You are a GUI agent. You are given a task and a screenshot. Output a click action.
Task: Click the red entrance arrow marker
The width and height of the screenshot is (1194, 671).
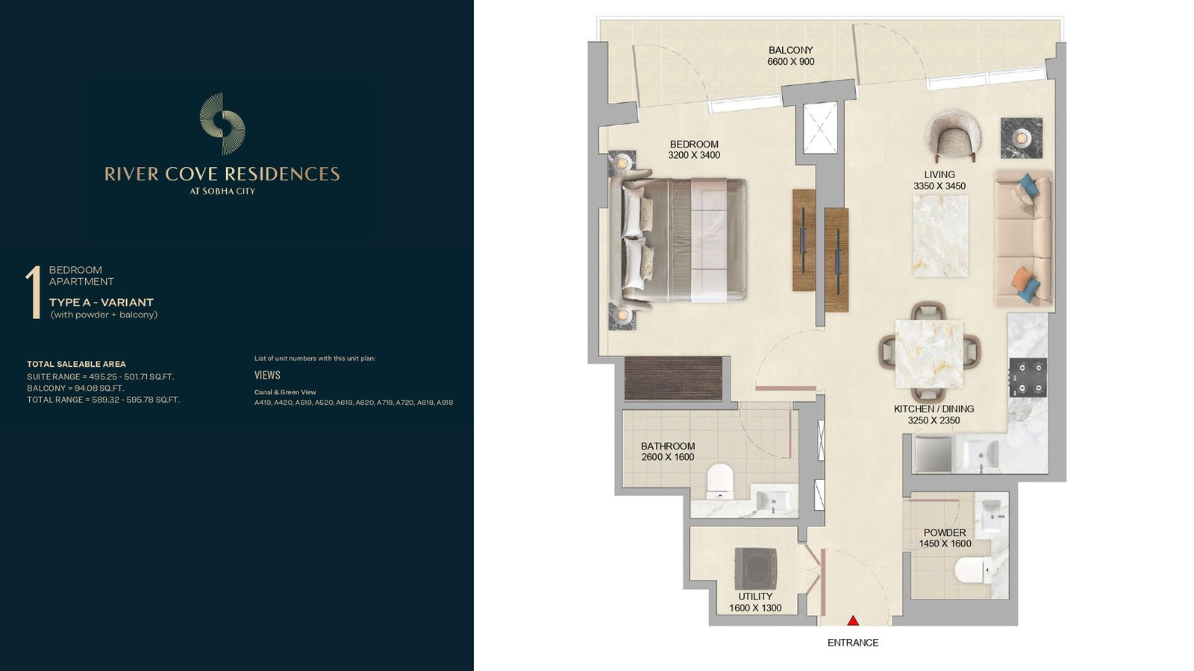(x=853, y=620)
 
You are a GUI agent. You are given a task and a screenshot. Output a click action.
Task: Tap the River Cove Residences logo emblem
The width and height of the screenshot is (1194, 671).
(x=222, y=124)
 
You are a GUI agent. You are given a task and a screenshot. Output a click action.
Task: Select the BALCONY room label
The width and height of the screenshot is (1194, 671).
(x=790, y=50)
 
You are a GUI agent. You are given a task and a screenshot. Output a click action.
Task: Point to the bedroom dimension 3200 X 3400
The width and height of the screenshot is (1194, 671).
(x=694, y=156)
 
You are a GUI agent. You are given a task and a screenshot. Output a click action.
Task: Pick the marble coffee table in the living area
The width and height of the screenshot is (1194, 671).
(x=940, y=236)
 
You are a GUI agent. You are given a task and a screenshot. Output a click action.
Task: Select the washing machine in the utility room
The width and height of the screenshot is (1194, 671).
(x=756, y=568)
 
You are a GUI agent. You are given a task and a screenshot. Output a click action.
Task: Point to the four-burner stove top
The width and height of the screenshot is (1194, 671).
(x=1028, y=377)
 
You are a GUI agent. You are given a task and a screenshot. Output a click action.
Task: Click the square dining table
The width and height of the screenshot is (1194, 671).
(x=929, y=353)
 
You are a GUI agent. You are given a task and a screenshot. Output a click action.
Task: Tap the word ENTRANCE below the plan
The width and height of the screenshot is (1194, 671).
(x=853, y=643)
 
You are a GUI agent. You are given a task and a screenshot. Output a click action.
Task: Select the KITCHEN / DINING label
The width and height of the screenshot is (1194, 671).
(x=934, y=409)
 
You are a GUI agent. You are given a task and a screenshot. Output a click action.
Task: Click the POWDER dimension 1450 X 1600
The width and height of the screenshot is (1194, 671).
(x=945, y=544)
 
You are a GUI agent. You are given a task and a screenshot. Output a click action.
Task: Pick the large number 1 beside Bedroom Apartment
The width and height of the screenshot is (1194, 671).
(x=34, y=293)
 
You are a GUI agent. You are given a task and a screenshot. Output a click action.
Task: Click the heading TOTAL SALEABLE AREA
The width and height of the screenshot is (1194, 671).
(x=76, y=365)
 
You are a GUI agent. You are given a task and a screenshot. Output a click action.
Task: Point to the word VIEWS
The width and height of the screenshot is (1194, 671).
(x=267, y=375)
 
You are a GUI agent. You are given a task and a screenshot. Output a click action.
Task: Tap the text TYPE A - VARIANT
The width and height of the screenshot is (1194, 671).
(x=101, y=303)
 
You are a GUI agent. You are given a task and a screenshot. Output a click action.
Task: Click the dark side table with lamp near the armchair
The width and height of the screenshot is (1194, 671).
(x=1022, y=138)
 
